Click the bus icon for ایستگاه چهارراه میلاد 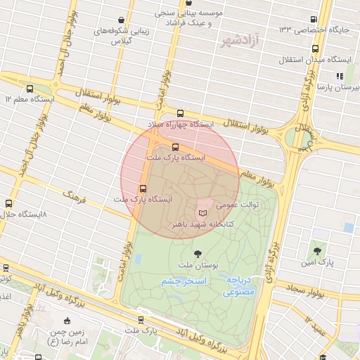coord(180,113)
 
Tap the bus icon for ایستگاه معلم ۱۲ coord(30,89)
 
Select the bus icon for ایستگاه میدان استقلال coord(314,50)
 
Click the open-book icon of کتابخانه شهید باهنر coord(203,212)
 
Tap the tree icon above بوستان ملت coord(197,253)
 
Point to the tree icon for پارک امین coord(316,250)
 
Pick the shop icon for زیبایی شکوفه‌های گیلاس coord(122,20)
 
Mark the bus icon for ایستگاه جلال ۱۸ coord(8,203)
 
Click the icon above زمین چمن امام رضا coord(67,321)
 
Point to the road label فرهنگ coord(74,195)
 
